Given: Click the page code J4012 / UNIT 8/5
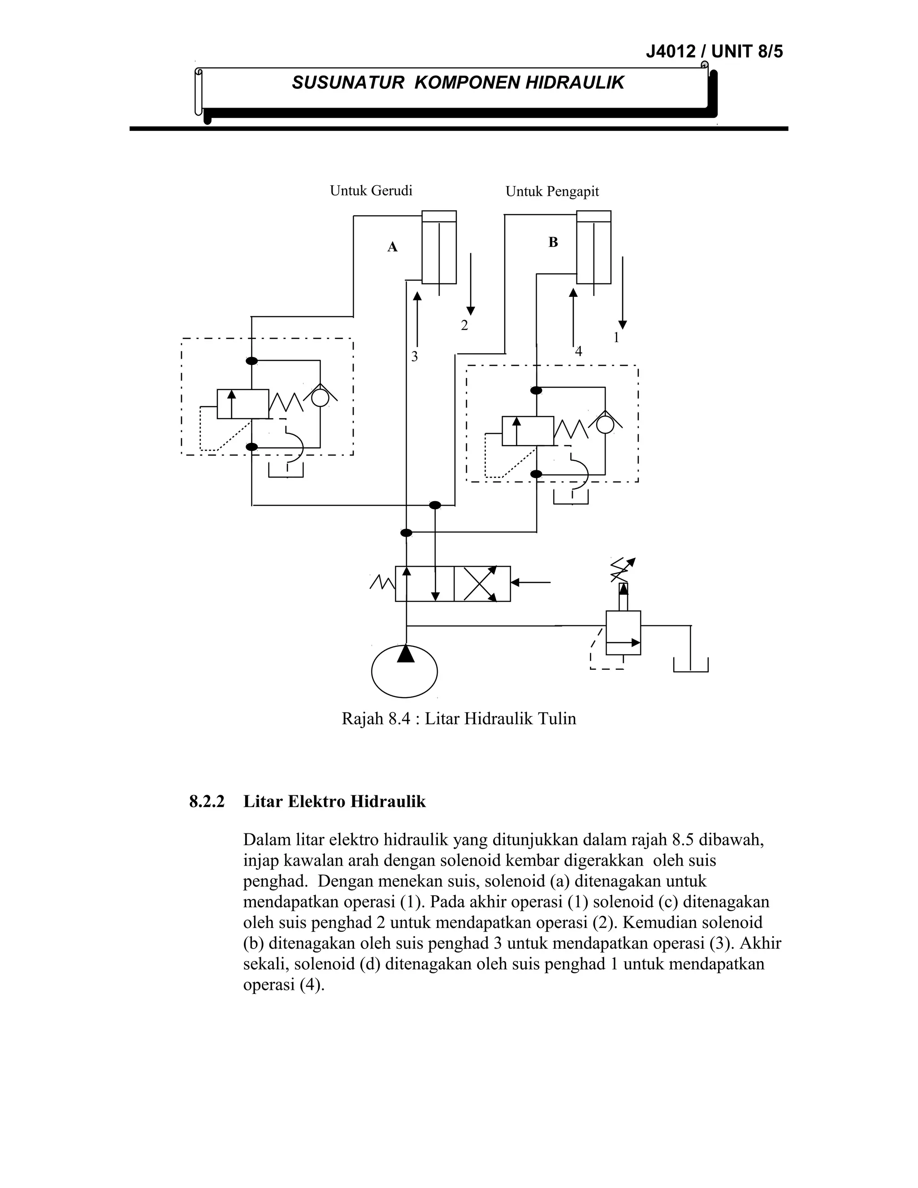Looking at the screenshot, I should (x=714, y=52).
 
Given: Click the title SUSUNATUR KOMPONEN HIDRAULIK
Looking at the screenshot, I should (x=458, y=82).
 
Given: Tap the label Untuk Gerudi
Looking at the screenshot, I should (x=371, y=191).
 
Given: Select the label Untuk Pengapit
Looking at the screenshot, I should (x=552, y=191).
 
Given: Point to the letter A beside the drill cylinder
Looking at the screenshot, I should (x=392, y=247).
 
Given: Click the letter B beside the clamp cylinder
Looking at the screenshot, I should (x=553, y=243).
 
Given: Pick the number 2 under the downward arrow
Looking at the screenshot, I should (x=464, y=326).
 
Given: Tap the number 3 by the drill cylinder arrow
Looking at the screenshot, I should (x=415, y=357).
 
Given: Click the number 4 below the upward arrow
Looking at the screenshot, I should (x=578, y=351).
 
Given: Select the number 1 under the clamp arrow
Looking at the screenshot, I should (x=616, y=338).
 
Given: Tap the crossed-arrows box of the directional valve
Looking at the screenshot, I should (x=482, y=584).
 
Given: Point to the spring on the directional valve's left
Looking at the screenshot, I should (x=382, y=583).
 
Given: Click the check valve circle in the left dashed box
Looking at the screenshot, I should (x=320, y=398).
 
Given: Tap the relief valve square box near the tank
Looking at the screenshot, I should (x=623, y=633).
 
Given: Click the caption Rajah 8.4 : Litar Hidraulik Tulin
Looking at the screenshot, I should (x=459, y=719).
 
